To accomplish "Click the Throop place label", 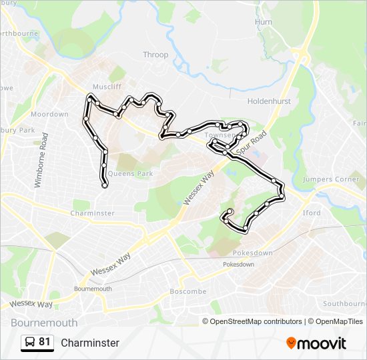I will point(155,55).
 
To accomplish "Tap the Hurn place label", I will point(264,22).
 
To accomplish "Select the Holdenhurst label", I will point(266,101).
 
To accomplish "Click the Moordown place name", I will point(49,114).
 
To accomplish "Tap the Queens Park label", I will point(130,173).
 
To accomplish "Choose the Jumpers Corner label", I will point(331,179).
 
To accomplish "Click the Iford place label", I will point(311,213).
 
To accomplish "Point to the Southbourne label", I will point(343,303).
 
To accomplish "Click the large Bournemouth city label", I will point(44,323).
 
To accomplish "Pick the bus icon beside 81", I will point(30,343).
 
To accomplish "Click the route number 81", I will point(45,342).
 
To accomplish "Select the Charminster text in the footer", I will point(90,343).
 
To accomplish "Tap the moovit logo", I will point(316,343).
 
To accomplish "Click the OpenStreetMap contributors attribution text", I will point(256,321).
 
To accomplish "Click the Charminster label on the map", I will point(93,213).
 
